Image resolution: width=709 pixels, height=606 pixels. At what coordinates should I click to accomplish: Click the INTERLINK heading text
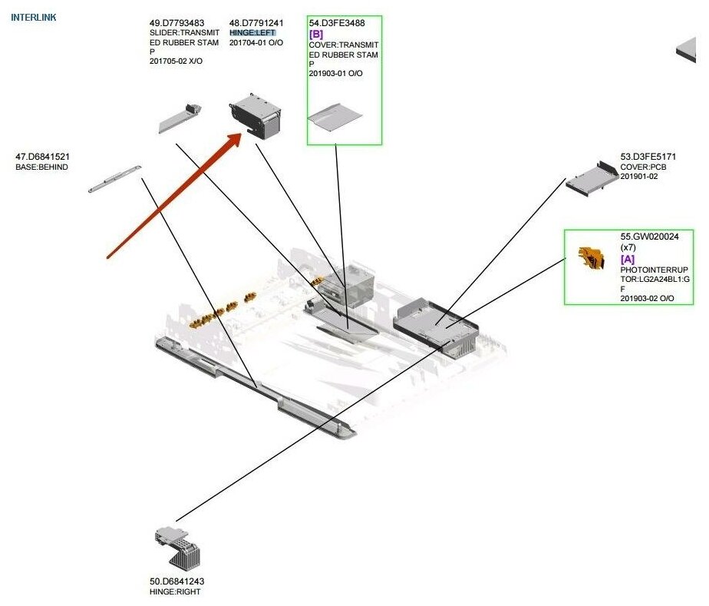pyautogui.click(x=33, y=16)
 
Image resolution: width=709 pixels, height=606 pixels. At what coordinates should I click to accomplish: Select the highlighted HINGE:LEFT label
pyautogui.click(x=252, y=33)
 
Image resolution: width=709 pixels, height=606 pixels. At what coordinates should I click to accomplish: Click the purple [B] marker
pyautogui.click(x=315, y=35)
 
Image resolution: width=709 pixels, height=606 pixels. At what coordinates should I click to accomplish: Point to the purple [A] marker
pyautogui.click(x=628, y=259)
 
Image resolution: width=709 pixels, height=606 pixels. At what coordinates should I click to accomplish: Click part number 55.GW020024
pyautogui.click(x=649, y=237)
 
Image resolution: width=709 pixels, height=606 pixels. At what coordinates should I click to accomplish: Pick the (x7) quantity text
pyautogui.click(x=628, y=247)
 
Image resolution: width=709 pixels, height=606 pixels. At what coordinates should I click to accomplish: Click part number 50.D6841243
pyautogui.click(x=176, y=581)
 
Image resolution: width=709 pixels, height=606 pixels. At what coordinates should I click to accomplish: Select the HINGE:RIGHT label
pyautogui.click(x=176, y=592)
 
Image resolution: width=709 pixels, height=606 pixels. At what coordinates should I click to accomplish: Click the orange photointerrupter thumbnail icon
pyautogui.click(x=587, y=259)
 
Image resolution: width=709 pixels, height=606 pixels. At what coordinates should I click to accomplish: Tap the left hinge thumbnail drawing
pyautogui.click(x=256, y=116)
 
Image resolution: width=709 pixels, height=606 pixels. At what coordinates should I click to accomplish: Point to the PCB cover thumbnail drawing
pyautogui.click(x=592, y=178)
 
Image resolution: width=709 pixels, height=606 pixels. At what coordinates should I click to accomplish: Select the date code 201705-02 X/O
pyautogui.click(x=176, y=61)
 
